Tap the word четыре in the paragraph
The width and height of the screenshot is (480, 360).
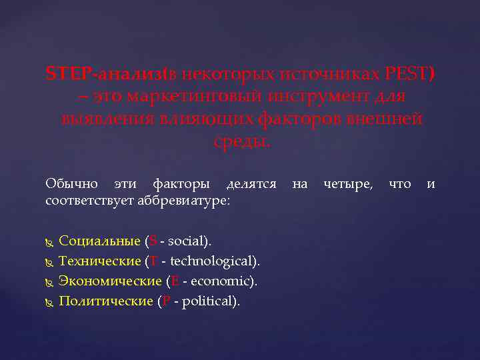tap(347, 183)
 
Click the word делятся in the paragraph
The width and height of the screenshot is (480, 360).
tap(251, 183)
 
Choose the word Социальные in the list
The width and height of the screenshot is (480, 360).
tap(99, 241)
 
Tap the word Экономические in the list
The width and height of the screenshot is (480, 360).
tap(109, 281)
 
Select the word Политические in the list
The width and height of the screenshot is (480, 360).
tap(106, 301)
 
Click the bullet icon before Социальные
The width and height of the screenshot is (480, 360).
tap(49, 241)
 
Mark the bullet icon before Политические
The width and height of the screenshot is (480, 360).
tap(49, 301)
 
